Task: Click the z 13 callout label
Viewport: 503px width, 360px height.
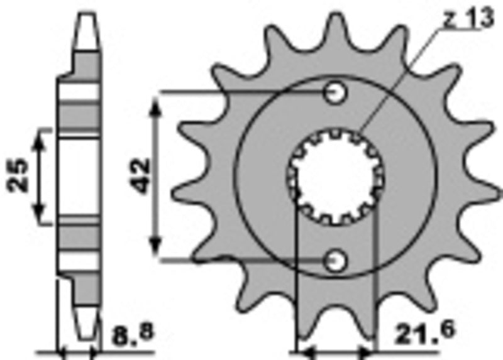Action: (469, 19)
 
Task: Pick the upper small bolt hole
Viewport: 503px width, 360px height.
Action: (334, 94)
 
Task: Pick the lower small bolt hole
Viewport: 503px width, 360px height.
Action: (334, 259)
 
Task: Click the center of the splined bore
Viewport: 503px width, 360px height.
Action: (334, 176)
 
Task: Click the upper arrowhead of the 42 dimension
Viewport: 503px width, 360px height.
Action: (157, 102)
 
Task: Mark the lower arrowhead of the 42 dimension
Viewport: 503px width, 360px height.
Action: (157, 249)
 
